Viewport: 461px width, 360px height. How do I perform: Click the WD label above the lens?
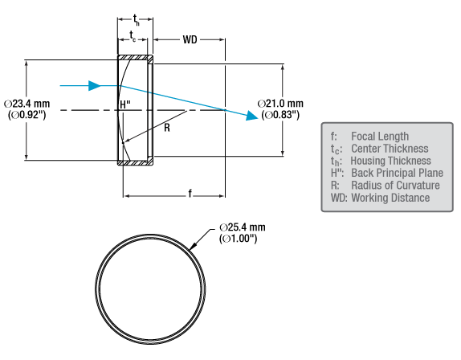[190, 39]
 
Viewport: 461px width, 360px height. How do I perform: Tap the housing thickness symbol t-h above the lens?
[136, 20]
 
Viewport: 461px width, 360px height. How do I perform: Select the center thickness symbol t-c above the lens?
[133, 36]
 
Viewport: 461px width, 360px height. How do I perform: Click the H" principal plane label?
[125, 104]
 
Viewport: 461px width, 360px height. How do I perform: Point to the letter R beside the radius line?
[167, 128]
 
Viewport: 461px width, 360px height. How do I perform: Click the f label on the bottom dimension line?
[190, 194]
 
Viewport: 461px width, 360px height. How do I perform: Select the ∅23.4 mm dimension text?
[27, 104]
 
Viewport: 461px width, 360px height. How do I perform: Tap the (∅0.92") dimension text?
[27, 114]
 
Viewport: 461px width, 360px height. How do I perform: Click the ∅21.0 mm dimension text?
[280, 104]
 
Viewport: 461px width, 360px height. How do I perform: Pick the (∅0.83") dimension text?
[280, 114]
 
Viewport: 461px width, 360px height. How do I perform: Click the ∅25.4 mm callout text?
[243, 227]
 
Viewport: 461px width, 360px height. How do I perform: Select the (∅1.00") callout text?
[239, 238]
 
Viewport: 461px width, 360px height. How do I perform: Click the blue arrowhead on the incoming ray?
[95, 86]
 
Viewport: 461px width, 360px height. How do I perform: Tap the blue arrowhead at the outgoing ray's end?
[251, 115]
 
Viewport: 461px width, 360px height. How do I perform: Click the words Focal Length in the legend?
[380, 136]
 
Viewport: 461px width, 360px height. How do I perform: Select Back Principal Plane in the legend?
[398, 173]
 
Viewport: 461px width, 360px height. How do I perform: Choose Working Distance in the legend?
[390, 198]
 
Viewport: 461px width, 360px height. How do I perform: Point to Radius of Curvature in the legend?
[395, 186]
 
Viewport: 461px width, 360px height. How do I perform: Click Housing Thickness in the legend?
[391, 161]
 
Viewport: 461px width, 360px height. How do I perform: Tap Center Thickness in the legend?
[390, 149]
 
